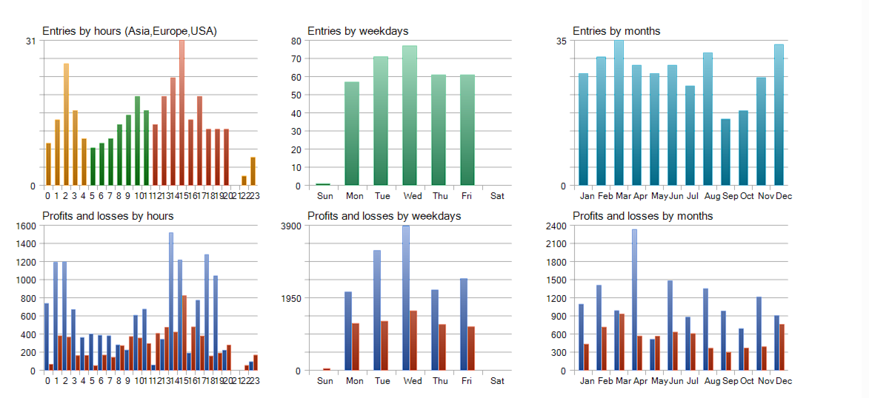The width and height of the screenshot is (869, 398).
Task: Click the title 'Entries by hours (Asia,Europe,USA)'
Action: tap(129, 31)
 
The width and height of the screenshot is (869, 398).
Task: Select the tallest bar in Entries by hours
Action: tap(182, 111)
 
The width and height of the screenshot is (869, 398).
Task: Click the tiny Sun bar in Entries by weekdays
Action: tap(323, 184)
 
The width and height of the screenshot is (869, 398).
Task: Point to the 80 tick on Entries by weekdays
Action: tap(296, 41)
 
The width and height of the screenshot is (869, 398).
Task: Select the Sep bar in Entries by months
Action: tap(725, 152)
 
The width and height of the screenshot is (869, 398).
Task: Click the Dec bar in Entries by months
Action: tap(779, 115)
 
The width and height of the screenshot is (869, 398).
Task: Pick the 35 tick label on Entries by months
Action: tap(561, 41)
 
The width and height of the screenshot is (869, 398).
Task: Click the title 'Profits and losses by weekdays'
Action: tap(384, 216)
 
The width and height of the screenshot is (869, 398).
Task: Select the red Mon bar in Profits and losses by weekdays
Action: tap(356, 346)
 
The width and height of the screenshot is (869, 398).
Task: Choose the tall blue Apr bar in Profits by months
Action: tap(634, 300)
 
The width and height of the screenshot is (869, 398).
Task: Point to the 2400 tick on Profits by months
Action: tap(556, 226)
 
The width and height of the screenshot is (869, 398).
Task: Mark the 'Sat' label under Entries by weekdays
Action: tap(497, 196)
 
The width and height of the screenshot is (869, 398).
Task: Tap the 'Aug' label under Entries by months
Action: tap(712, 196)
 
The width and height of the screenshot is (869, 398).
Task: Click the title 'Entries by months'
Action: tap(616, 31)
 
